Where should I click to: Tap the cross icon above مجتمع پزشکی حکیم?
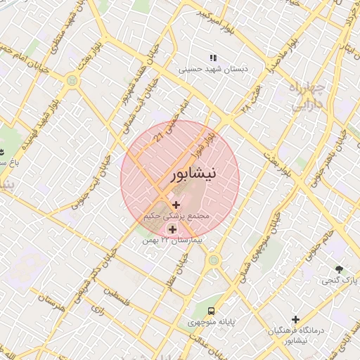[175, 205]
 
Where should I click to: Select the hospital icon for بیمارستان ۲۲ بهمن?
[172, 229]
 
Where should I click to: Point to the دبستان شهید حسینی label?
[210, 70]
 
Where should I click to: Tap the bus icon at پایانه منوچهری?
[210, 310]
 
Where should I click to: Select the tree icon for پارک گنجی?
[340, 269]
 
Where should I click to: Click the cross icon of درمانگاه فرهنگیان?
[296, 319]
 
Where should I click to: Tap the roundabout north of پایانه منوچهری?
[213, 260]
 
